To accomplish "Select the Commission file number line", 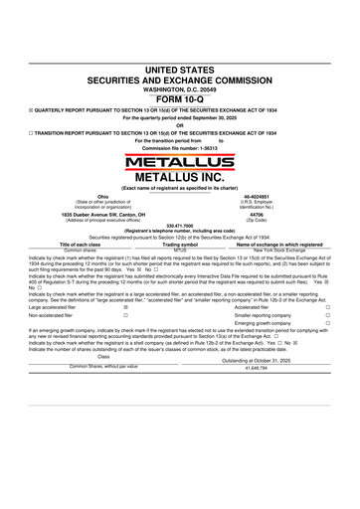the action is tap(180, 147).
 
